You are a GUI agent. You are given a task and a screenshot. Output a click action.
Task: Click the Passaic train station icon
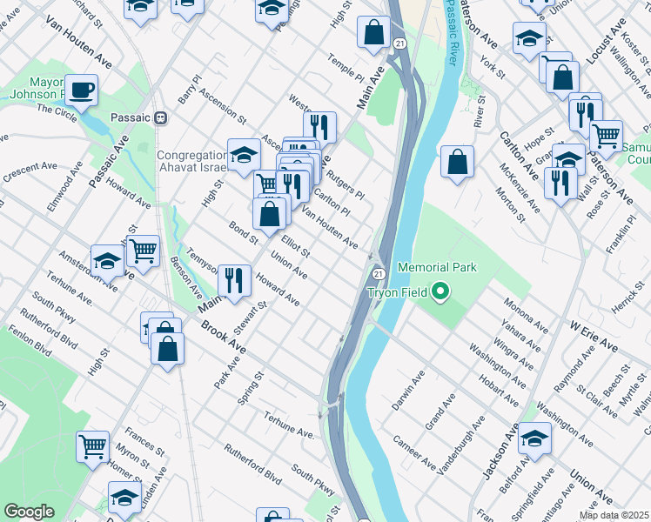[x=160, y=117]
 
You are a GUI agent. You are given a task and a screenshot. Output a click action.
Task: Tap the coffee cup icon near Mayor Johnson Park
[x=82, y=90]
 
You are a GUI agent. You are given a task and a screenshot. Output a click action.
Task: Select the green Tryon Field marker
[x=441, y=292]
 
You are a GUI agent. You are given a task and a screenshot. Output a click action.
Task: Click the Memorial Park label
[x=437, y=267]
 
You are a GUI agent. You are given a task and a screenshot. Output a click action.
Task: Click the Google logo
[x=29, y=512]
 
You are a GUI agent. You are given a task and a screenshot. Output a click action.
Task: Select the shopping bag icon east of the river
[x=457, y=162]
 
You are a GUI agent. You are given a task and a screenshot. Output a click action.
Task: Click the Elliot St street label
[x=296, y=244]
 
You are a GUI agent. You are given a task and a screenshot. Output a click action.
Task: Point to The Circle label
[x=56, y=110]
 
